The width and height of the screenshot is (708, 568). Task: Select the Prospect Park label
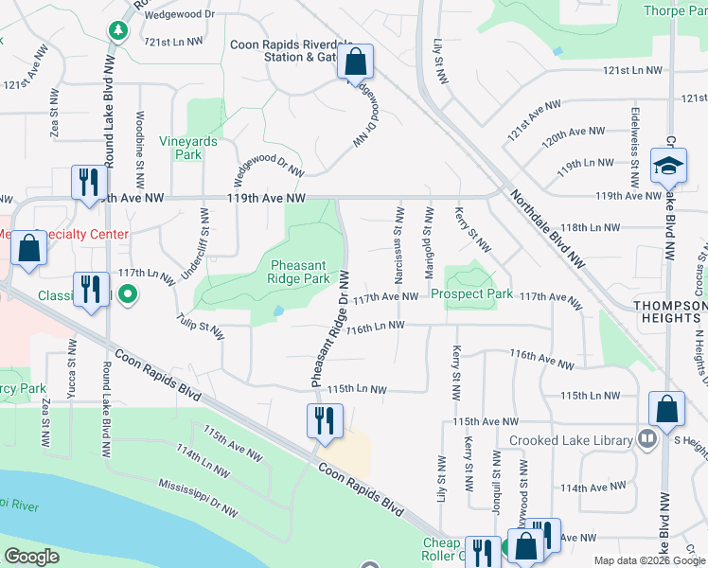pos(472,294)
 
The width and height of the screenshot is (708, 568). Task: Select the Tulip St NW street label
pos(200,326)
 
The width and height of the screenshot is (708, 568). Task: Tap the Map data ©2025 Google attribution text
pos(649,560)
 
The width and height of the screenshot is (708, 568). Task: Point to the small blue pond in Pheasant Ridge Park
pos(277,311)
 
